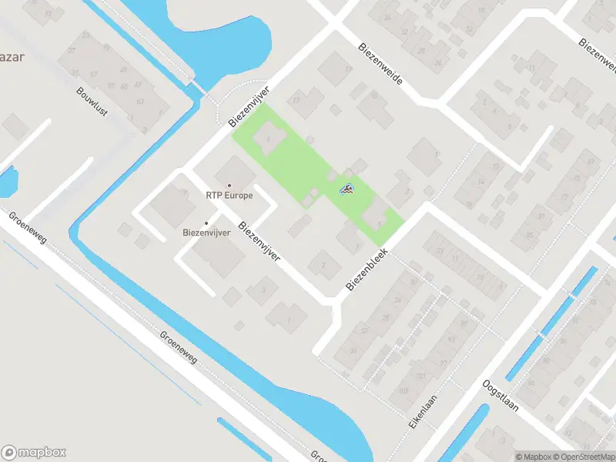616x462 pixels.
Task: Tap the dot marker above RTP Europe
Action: coord(229,185)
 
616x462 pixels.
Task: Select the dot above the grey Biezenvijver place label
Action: coord(206,223)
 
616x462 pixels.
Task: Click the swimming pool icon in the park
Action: coord(346,188)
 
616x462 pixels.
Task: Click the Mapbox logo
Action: coord(34,453)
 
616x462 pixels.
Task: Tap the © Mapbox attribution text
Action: coord(532,456)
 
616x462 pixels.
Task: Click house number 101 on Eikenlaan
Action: coord(420,376)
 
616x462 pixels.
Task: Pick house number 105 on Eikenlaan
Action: coord(404,391)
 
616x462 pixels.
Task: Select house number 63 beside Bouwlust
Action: coord(140,101)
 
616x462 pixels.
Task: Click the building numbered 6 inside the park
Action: coord(268,137)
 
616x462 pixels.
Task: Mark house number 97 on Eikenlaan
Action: coord(464,324)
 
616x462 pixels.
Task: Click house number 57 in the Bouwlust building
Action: coord(94,74)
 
